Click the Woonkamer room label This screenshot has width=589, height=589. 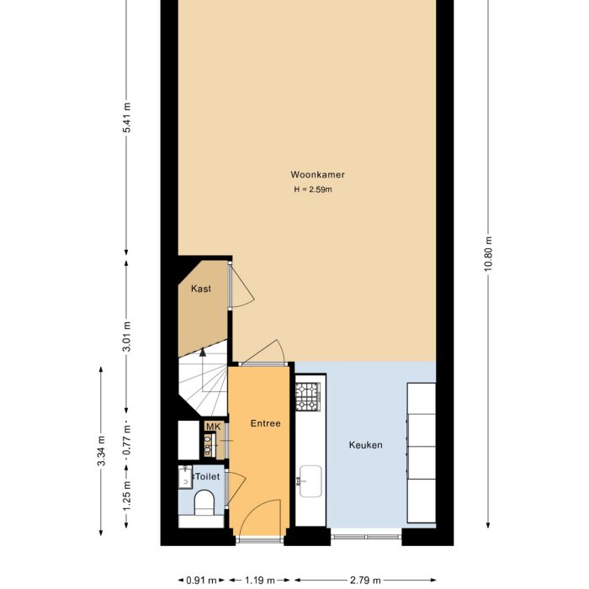[318, 175]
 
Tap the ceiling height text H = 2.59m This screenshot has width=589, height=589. [313, 190]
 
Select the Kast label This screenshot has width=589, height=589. [200, 289]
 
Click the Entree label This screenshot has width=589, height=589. [265, 423]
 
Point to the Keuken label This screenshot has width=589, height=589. [366, 445]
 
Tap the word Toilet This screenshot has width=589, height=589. [207, 476]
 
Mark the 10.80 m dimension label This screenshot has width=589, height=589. [487, 253]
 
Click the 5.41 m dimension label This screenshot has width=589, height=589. [127, 118]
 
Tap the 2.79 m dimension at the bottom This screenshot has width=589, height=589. [366, 580]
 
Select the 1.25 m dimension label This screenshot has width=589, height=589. [127, 496]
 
